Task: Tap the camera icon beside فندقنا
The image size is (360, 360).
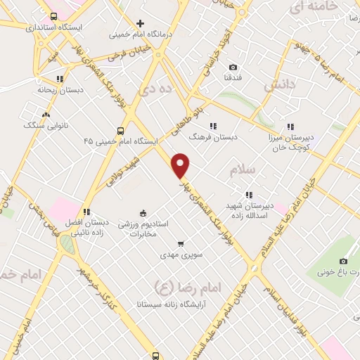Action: (233, 67)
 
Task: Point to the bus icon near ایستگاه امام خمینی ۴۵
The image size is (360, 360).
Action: (120, 131)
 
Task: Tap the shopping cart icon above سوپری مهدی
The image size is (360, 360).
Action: (181, 244)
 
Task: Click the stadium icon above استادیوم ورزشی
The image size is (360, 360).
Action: (143, 214)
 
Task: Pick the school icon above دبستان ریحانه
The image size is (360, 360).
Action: (60, 79)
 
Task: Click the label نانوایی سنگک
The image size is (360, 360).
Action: (45, 124)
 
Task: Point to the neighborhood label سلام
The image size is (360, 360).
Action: (245, 169)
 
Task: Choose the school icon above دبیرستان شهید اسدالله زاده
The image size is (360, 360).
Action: (248, 195)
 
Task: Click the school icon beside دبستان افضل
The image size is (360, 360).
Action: (86, 211)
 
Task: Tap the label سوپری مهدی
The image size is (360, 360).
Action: (181, 255)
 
